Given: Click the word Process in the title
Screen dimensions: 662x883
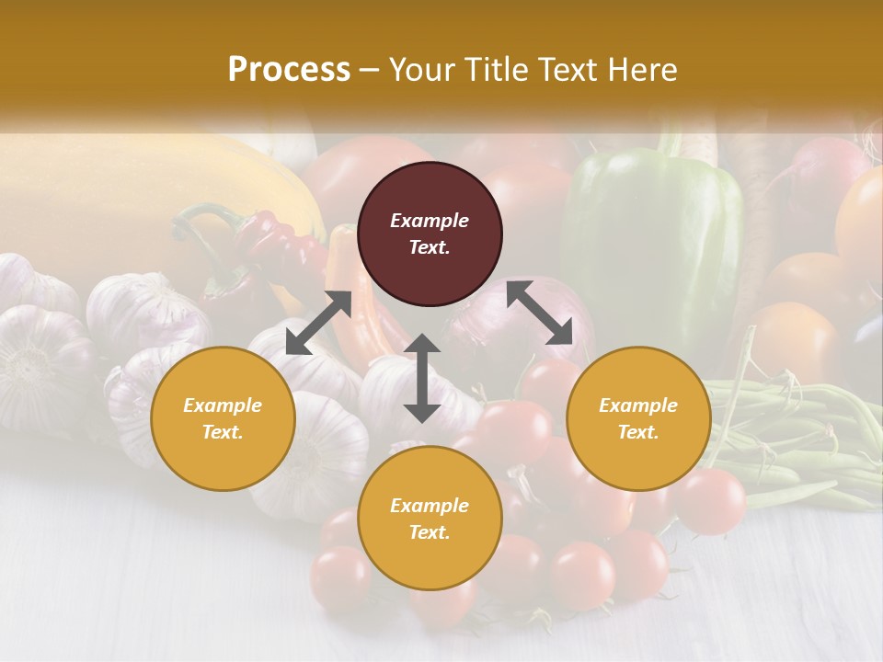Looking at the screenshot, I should point(289,70).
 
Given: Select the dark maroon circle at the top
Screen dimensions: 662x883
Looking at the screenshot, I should point(430,234).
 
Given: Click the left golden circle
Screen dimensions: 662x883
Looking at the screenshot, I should point(223,418).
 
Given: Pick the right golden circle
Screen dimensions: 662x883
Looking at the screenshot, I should point(638,418).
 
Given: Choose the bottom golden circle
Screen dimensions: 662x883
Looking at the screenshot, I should point(430,518).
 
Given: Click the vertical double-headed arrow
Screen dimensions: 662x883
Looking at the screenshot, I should point(422,378).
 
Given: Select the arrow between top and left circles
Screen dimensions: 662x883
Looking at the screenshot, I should point(318,323).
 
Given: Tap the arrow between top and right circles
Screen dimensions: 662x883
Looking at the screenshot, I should point(539,312).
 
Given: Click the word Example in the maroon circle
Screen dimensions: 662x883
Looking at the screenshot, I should point(430,221).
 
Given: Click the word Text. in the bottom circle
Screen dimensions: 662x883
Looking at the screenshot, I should point(430,532).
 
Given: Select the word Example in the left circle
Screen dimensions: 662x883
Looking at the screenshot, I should point(223,405).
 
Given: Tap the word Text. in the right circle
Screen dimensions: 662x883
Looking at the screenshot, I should point(638,432).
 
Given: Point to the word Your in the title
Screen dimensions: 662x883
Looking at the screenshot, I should point(421,70).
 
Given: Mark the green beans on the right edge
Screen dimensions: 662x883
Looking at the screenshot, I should point(809,441).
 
